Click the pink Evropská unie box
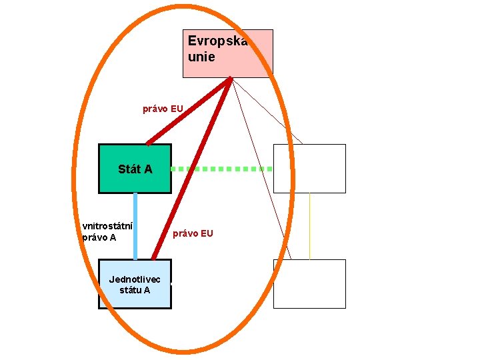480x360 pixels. [227, 53]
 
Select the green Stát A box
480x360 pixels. [135, 169]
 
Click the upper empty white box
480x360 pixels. [309, 169]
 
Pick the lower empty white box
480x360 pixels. [309, 284]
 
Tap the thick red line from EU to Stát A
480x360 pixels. [189, 111]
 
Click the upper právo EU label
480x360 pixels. [163, 108]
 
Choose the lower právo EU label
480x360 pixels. [193, 233]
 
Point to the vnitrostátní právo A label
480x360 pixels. [107, 231]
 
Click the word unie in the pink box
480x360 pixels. [201, 57]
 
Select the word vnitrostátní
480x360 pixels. [107, 225]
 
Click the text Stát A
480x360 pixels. [135, 169]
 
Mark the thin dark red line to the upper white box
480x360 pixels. [267, 111]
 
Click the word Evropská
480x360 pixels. [217, 41]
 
